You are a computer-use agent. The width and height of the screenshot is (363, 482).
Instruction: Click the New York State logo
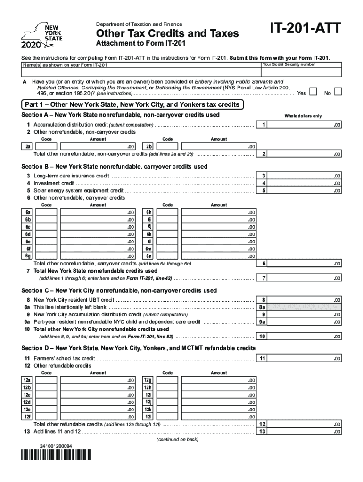pyautogui.click(x=42, y=36)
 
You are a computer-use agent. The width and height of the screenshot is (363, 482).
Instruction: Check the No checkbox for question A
pyautogui.click(x=338, y=91)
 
